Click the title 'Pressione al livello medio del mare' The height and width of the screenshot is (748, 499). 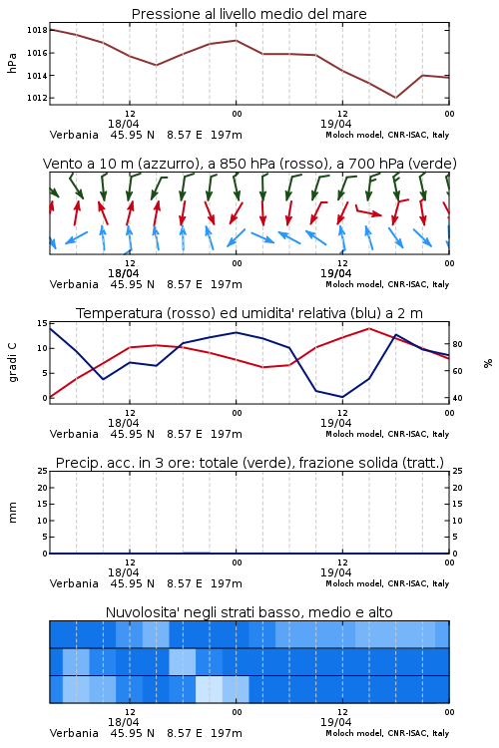[x=249, y=14]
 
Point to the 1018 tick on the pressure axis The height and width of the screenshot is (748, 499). [x=37, y=30]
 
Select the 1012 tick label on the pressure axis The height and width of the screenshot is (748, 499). [x=37, y=99]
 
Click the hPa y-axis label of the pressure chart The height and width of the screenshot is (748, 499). [x=12, y=63]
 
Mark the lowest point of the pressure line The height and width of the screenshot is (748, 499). [x=395, y=98]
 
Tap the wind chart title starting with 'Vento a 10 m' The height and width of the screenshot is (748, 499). [x=249, y=164]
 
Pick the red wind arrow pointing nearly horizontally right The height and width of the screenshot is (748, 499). [x=368, y=211]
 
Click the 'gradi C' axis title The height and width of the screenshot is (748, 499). [x=12, y=363]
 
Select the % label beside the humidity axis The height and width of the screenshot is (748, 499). [x=488, y=363]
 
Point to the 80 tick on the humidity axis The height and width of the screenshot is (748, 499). [x=457, y=344]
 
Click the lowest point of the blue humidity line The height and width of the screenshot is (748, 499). [x=342, y=397]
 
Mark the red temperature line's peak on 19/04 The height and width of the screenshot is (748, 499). [x=368, y=328]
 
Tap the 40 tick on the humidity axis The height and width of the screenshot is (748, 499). [x=457, y=398]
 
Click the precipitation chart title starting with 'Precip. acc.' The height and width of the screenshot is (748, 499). [x=249, y=463]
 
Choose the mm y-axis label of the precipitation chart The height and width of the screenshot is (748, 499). [x=12, y=513]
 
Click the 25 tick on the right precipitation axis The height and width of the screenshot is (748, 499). [x=457, y=471]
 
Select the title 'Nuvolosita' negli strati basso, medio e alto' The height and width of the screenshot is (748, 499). [x=249, y=612]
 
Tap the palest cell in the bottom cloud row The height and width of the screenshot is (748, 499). [x=210, y=689]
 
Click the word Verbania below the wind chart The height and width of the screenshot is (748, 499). [x=74, y=284]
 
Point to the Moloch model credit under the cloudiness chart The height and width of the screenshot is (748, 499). [x=387, y=733]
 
